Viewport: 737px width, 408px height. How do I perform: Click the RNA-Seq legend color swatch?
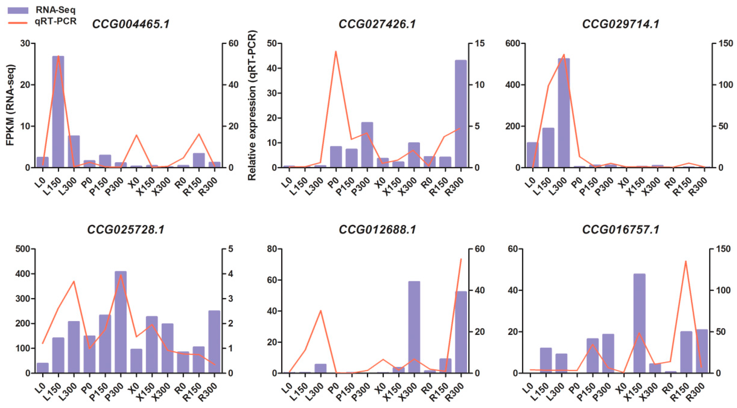click(x=18, y=11)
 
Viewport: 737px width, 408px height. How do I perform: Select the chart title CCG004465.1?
click(x=131, y=24)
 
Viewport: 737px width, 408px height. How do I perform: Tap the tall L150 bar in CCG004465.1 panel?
click(x=58, y=112)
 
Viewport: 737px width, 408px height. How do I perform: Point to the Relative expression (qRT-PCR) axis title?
click(x=252, y=105)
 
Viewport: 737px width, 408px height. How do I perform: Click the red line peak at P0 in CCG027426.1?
click(x=336, y=52)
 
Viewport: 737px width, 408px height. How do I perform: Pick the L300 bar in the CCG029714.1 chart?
click(x=564, y=113)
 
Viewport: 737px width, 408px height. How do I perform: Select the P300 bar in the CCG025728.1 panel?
click(x=120, y=322)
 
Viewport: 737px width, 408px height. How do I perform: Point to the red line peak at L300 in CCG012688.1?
click(x=320, y=311)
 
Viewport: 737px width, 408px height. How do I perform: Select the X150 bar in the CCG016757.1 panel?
click(x=639, y=323)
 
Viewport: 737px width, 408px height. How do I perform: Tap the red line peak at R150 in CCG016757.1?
click(x=686, y=261)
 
